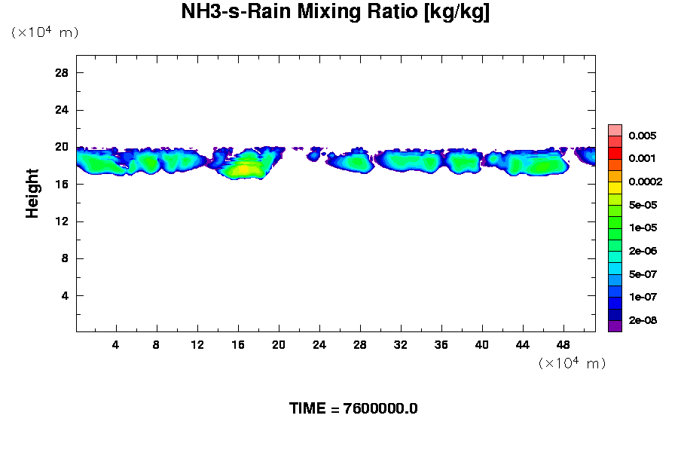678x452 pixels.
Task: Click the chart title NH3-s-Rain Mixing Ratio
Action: pos(335,13)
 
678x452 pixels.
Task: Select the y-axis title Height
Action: pos(32,194)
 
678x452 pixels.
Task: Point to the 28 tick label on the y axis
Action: pos(62,72)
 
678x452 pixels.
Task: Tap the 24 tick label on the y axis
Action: pos(62,110)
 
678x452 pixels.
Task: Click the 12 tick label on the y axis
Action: pos(62,221)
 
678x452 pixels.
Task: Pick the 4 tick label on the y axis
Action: pos(65,296)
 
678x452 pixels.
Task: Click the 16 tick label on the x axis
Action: pos(238,345)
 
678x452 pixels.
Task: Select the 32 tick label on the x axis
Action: pos(400,345)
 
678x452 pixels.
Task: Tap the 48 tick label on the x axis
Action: pos(563,345)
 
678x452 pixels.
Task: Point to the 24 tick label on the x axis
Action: pos(319,345)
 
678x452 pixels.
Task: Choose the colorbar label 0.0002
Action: pos(646,182)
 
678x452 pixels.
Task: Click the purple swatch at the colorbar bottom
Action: pos(615,326)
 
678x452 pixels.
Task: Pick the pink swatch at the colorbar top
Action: pos(615,130)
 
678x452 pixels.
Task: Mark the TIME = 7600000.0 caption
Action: pos(353,409)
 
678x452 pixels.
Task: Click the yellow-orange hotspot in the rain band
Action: pos(243,169)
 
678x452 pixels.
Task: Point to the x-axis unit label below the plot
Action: pos(572,363)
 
